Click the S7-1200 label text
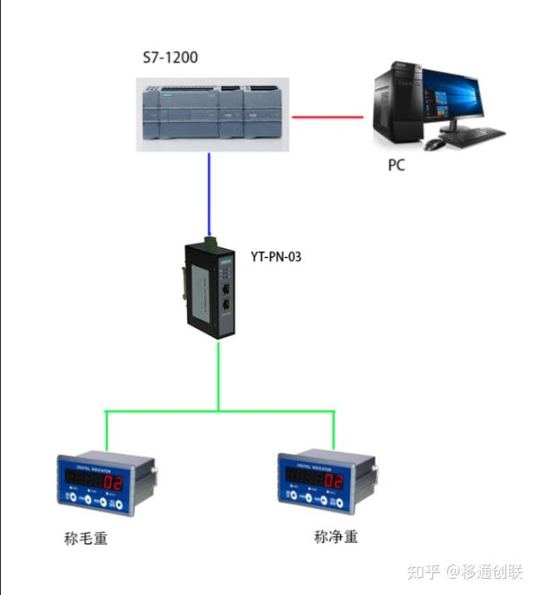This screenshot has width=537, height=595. pyautogui.click(x=171, y=58)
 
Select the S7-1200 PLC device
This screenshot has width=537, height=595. pyautogui.click(x=210, y=112)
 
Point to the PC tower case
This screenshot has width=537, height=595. pyautogui.click(x=397, y=105)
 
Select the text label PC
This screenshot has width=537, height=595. pyautogui.click(x=396, y=166)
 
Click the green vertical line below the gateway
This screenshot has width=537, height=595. pyautogui.click(x=218, y=376)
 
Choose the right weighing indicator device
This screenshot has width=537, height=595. pyautogui.click(x=325, y=484)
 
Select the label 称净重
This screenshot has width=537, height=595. pyautogui.click(x=336, y=538)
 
